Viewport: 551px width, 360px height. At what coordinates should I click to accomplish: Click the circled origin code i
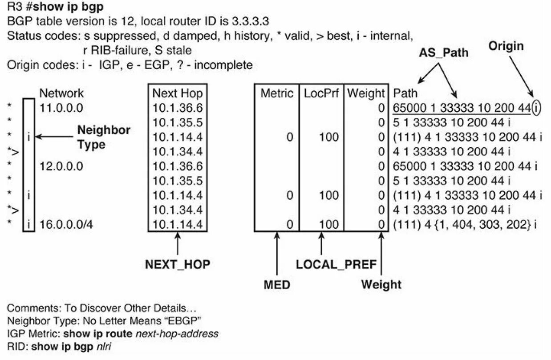pyautogui.click(x=536, y=108)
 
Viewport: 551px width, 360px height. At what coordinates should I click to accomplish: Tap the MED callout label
pyautogui.click(x=276, y=284)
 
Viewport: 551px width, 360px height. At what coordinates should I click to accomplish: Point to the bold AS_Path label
pyautogui.click(x=443, y=53)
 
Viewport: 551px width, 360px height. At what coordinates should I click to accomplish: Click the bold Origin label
pyautogui.click(x=506, y=46)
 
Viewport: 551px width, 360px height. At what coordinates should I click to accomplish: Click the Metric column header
pyautogui.click(x=277, y=93)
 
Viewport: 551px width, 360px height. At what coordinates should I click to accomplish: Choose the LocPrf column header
pyautogui.click(x=321, y=93)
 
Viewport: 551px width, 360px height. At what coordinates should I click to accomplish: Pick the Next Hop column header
pyautogui.click(x=177, y=93)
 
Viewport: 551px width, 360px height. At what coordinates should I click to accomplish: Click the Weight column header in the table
pyautogui.click(x=365, y=93)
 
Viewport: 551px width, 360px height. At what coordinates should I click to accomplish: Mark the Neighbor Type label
pyautogui.click(x=104, y=137)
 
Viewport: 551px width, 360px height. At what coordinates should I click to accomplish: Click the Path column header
pyautogui.click(x=405, y=93)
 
